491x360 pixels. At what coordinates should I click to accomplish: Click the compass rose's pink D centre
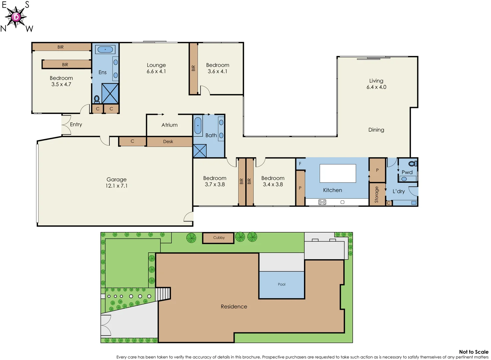coord(16,17)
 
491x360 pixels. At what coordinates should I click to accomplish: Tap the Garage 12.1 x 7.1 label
coord(116,182)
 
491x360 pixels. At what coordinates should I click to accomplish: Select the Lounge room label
coord(156,68)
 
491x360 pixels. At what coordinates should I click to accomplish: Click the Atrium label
coord(169,125)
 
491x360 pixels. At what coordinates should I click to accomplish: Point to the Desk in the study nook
coord(168,142)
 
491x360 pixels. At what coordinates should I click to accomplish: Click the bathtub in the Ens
coord(105,50)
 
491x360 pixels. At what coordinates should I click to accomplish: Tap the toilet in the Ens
coord(97,99)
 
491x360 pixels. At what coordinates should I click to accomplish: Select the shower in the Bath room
coord(200,151)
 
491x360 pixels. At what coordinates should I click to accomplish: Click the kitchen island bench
coord(338,173)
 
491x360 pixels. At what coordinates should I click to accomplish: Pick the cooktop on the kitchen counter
coord(322,202)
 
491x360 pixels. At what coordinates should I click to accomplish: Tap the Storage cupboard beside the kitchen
coord(377,194)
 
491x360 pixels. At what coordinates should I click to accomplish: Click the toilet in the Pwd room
coord(413,164)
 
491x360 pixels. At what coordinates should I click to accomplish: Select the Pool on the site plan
coord(282,285)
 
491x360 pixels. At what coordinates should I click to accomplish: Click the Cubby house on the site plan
coord(219,238)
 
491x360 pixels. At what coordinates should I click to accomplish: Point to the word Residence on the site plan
coord(234,307)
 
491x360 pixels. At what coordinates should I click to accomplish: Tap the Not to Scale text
coord(473,352)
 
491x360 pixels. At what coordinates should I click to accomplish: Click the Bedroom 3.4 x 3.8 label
coord(273,181)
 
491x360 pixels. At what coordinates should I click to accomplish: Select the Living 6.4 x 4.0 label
coord(376,84)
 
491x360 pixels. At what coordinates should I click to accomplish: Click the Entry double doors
coord(66,125)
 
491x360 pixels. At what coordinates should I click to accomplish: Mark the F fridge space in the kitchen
coord(300,164)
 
